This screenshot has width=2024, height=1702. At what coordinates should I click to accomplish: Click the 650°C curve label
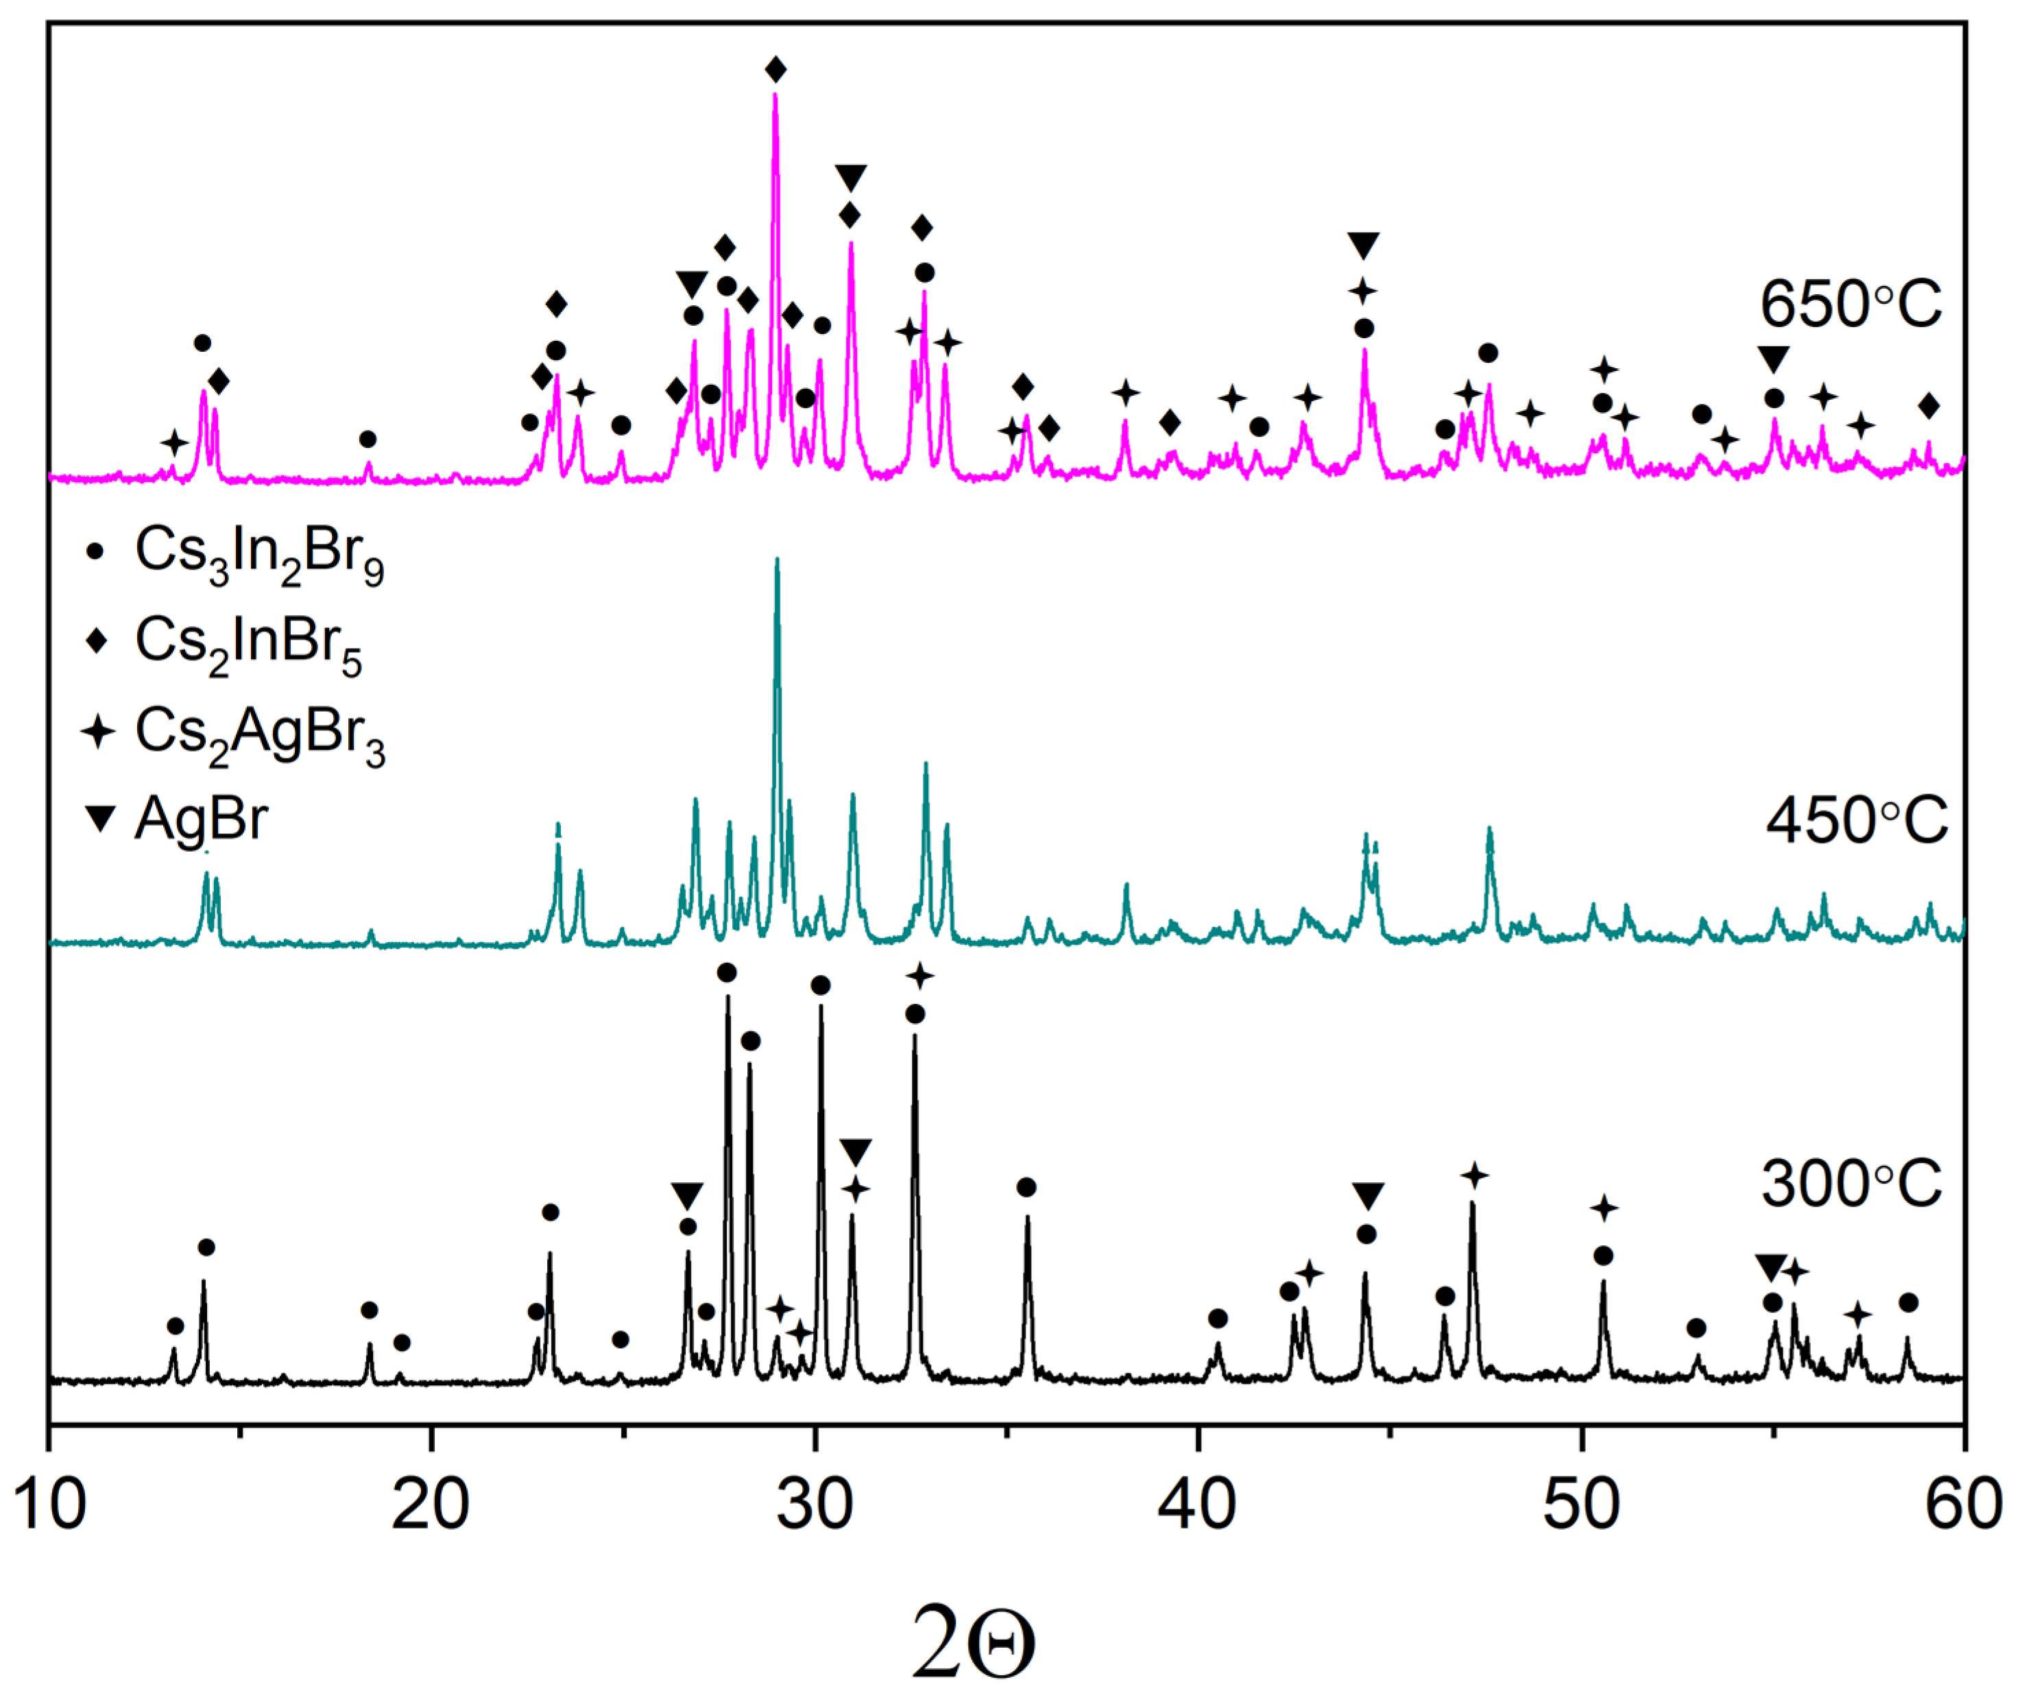pos(1849,305)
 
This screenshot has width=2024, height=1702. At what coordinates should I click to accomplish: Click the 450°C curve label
pos(1855,822)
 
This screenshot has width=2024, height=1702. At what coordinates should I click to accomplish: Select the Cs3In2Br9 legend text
pos(259,555)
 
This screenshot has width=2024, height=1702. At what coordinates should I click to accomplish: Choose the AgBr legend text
pos(201,820)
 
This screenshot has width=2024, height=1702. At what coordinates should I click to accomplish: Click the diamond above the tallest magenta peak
pos(775,69)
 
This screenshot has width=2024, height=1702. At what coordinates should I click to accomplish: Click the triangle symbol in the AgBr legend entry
pos(99,819)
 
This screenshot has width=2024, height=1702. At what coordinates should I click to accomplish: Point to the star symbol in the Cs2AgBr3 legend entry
pos(97,732)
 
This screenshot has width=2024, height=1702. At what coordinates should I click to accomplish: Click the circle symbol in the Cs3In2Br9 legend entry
pos(95,553)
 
